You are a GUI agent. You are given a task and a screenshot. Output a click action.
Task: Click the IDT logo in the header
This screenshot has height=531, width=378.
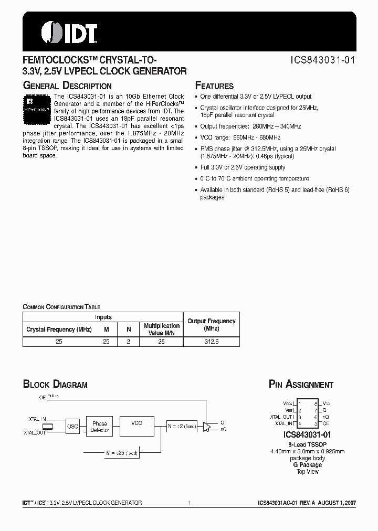point(69,33)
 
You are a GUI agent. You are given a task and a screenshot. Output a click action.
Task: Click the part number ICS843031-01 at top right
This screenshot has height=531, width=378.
point(322,60)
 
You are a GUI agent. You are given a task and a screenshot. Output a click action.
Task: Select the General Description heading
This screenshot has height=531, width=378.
point(67,86)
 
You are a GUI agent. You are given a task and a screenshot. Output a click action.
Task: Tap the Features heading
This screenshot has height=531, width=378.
point(214,86)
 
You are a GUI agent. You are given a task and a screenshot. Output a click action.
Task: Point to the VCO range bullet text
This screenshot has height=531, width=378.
point(240,137)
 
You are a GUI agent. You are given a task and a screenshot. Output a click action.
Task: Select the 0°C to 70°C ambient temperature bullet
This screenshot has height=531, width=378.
point(255,178)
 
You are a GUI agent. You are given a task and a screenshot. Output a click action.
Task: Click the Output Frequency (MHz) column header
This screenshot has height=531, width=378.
point(212,324)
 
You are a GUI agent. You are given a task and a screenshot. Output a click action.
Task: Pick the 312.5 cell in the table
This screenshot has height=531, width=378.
point(212,341)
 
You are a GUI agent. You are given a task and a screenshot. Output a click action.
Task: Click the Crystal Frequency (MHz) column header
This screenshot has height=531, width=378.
point(59,330)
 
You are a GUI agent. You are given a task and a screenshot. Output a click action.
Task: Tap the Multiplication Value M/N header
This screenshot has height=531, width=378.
point(161,329)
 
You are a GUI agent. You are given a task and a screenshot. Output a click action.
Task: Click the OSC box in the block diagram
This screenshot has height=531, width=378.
point(72,427)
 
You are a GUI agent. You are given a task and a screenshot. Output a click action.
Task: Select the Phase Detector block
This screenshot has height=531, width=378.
point(99,427)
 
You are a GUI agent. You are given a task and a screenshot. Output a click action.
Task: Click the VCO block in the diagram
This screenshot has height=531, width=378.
point(136,423)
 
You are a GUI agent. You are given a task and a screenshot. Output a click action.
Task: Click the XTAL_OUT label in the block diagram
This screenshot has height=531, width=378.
point(35,433)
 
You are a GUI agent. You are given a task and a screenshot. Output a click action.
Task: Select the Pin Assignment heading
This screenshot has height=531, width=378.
point(301,385)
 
